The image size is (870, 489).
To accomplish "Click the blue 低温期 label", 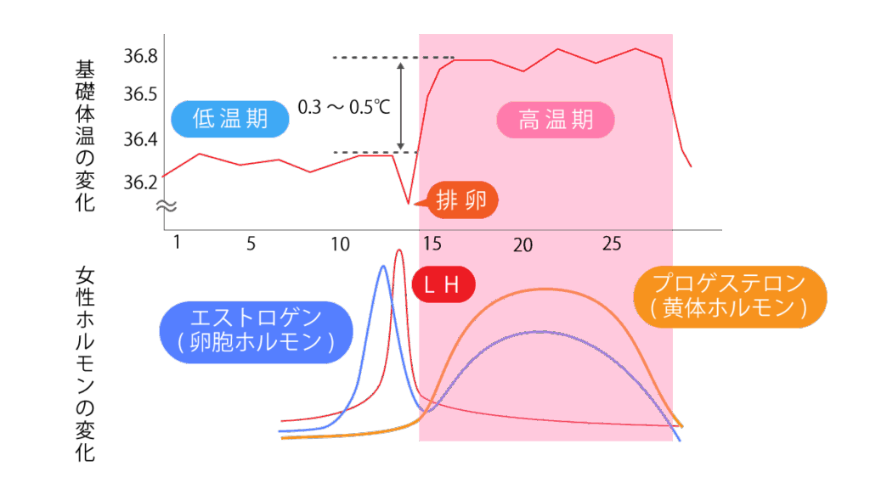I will point(229,119).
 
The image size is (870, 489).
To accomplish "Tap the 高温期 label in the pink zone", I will point(556,120).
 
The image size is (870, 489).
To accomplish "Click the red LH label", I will point(441,286).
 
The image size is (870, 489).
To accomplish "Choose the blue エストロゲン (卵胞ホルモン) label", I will point(256,331).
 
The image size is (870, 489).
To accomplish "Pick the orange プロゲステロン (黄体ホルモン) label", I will point(730,296).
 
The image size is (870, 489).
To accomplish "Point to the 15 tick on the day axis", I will point(432,244).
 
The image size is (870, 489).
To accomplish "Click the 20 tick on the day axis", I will point(523,245).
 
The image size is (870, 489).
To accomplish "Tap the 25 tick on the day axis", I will point(612,244).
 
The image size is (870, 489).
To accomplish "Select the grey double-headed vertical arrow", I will point(401,105).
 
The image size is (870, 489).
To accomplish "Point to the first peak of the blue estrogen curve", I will point(384,267).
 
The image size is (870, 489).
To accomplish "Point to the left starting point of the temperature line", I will point(164,176).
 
